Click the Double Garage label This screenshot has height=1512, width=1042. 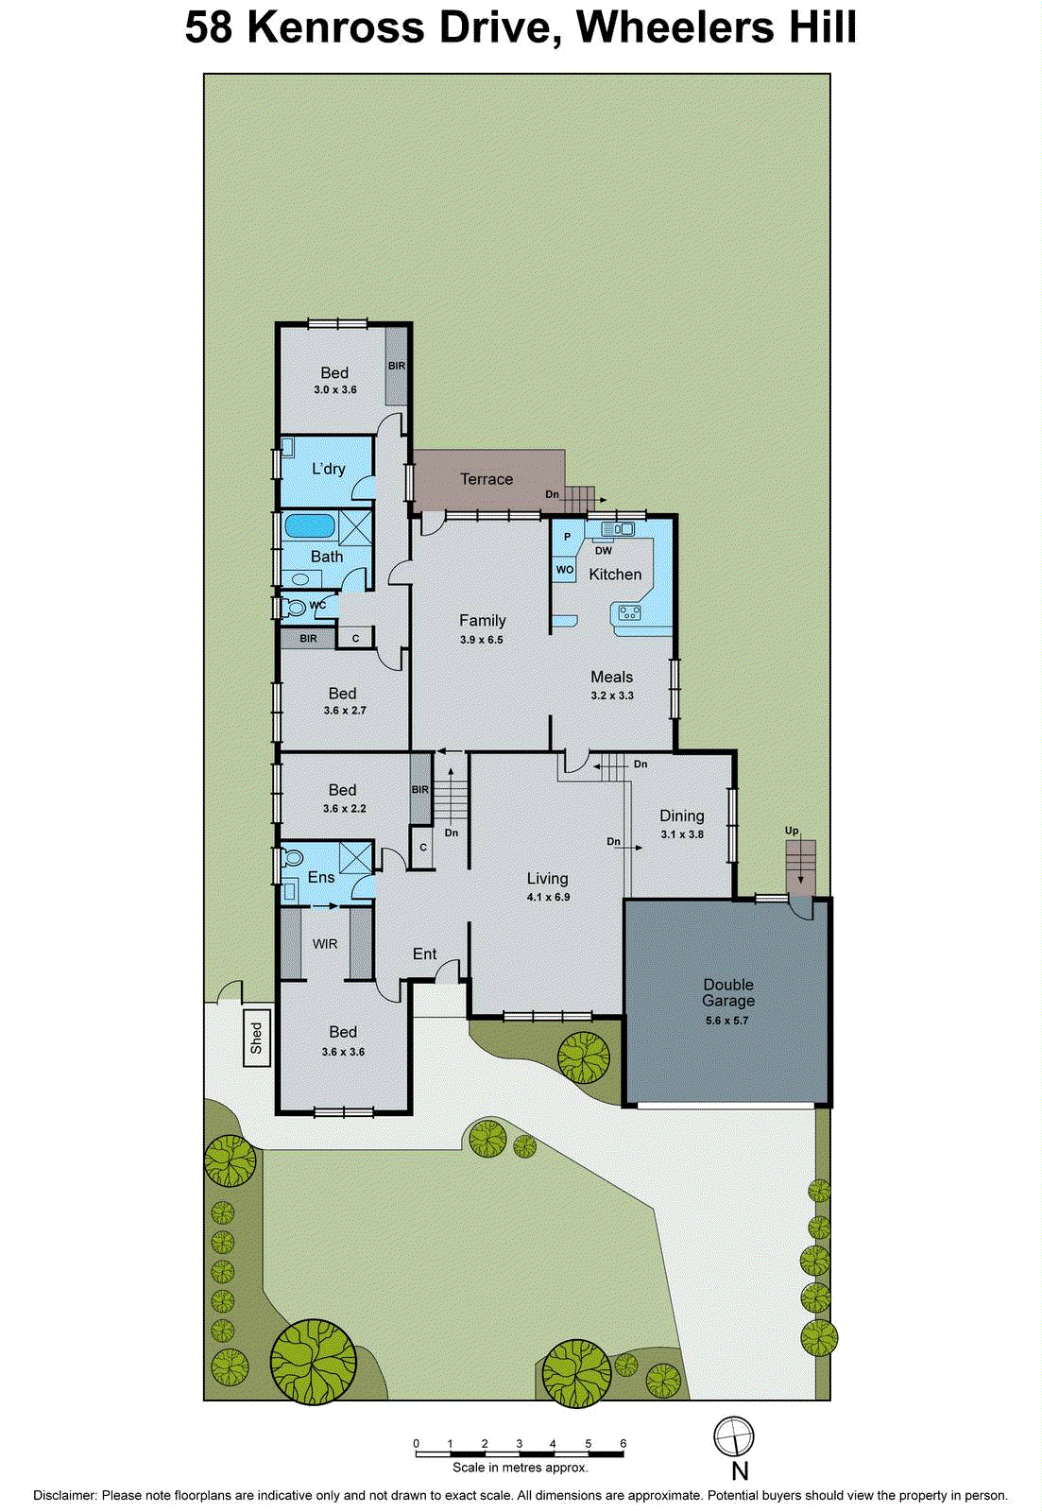[727, 992]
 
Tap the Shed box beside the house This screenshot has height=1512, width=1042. [256, 1038]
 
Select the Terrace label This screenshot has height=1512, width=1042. [487, 479]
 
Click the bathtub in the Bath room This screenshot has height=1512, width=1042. [310, 525]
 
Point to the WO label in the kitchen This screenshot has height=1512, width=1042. [565, 570]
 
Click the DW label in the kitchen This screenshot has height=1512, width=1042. [603, 551]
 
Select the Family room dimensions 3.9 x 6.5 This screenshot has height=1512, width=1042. [482, 640]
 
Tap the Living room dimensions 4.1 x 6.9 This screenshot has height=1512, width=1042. [548, 897]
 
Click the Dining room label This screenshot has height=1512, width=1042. [681, 816]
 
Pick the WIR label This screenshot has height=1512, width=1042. [325, 944]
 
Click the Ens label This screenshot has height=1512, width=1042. [321, 877]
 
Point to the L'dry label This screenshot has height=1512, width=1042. [328, 469]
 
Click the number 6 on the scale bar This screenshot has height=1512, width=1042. [623, 1443]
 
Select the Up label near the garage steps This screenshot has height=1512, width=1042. [792, 831]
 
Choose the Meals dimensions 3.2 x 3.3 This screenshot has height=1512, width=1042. [612, 696]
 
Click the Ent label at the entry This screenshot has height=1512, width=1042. [424, 954]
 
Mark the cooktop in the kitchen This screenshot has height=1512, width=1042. [629, 613]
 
